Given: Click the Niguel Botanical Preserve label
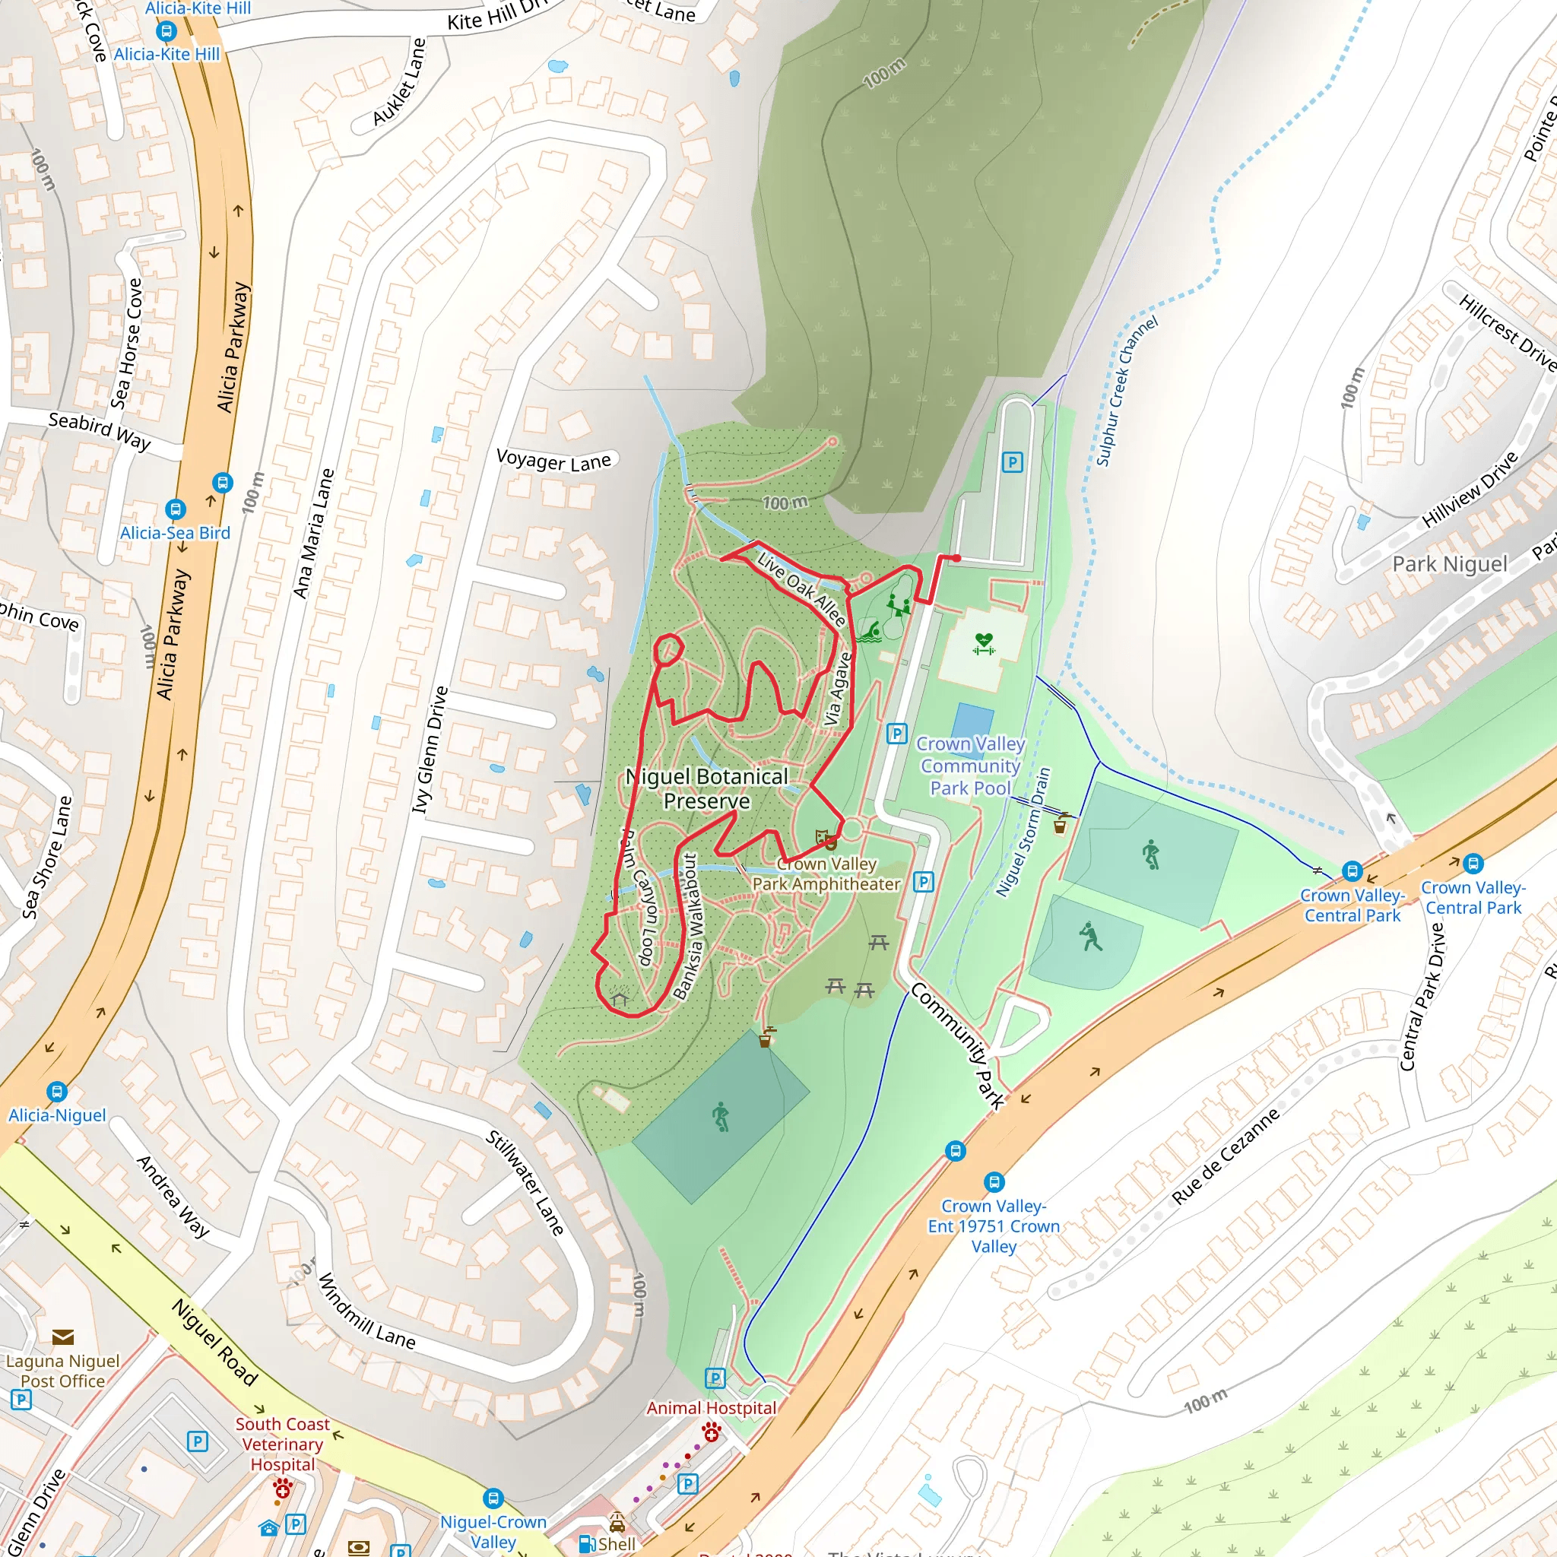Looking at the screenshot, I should [x=707, y=788].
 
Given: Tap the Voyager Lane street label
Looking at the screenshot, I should [x=553, y=460].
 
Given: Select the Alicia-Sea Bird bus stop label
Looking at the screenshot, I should [x=175, y=533].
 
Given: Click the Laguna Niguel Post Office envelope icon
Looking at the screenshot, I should [x=63, y=1338].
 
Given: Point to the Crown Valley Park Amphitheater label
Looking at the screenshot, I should [x=826, y=874].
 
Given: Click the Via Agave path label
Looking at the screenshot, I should [x=837, y=689].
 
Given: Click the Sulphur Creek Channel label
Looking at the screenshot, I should [x=1126, y=391].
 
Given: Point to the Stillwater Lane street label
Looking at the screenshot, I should [x=525, y=1183].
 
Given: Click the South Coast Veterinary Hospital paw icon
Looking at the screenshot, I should [x=282, y=1489].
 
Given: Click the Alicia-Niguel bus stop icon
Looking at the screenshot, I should [x=56, y=1092].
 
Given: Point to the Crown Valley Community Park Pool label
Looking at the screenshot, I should [x=970, y=766].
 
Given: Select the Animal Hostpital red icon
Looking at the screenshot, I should [x=711, y=1432].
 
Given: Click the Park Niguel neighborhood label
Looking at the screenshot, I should [x=1450, y=564].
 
